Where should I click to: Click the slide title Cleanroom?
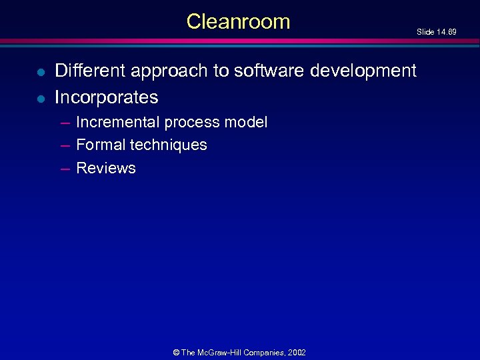(238, 22)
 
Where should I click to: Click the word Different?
(92, 70)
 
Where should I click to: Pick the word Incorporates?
(106, 97)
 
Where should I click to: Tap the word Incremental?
(118, 122)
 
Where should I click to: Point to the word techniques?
(169, 145)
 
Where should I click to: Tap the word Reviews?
(106, 168)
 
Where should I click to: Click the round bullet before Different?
(41, 71)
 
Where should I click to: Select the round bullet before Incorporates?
(41, 99)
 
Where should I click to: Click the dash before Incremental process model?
(65, 123)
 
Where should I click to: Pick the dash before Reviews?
(65, 169)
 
